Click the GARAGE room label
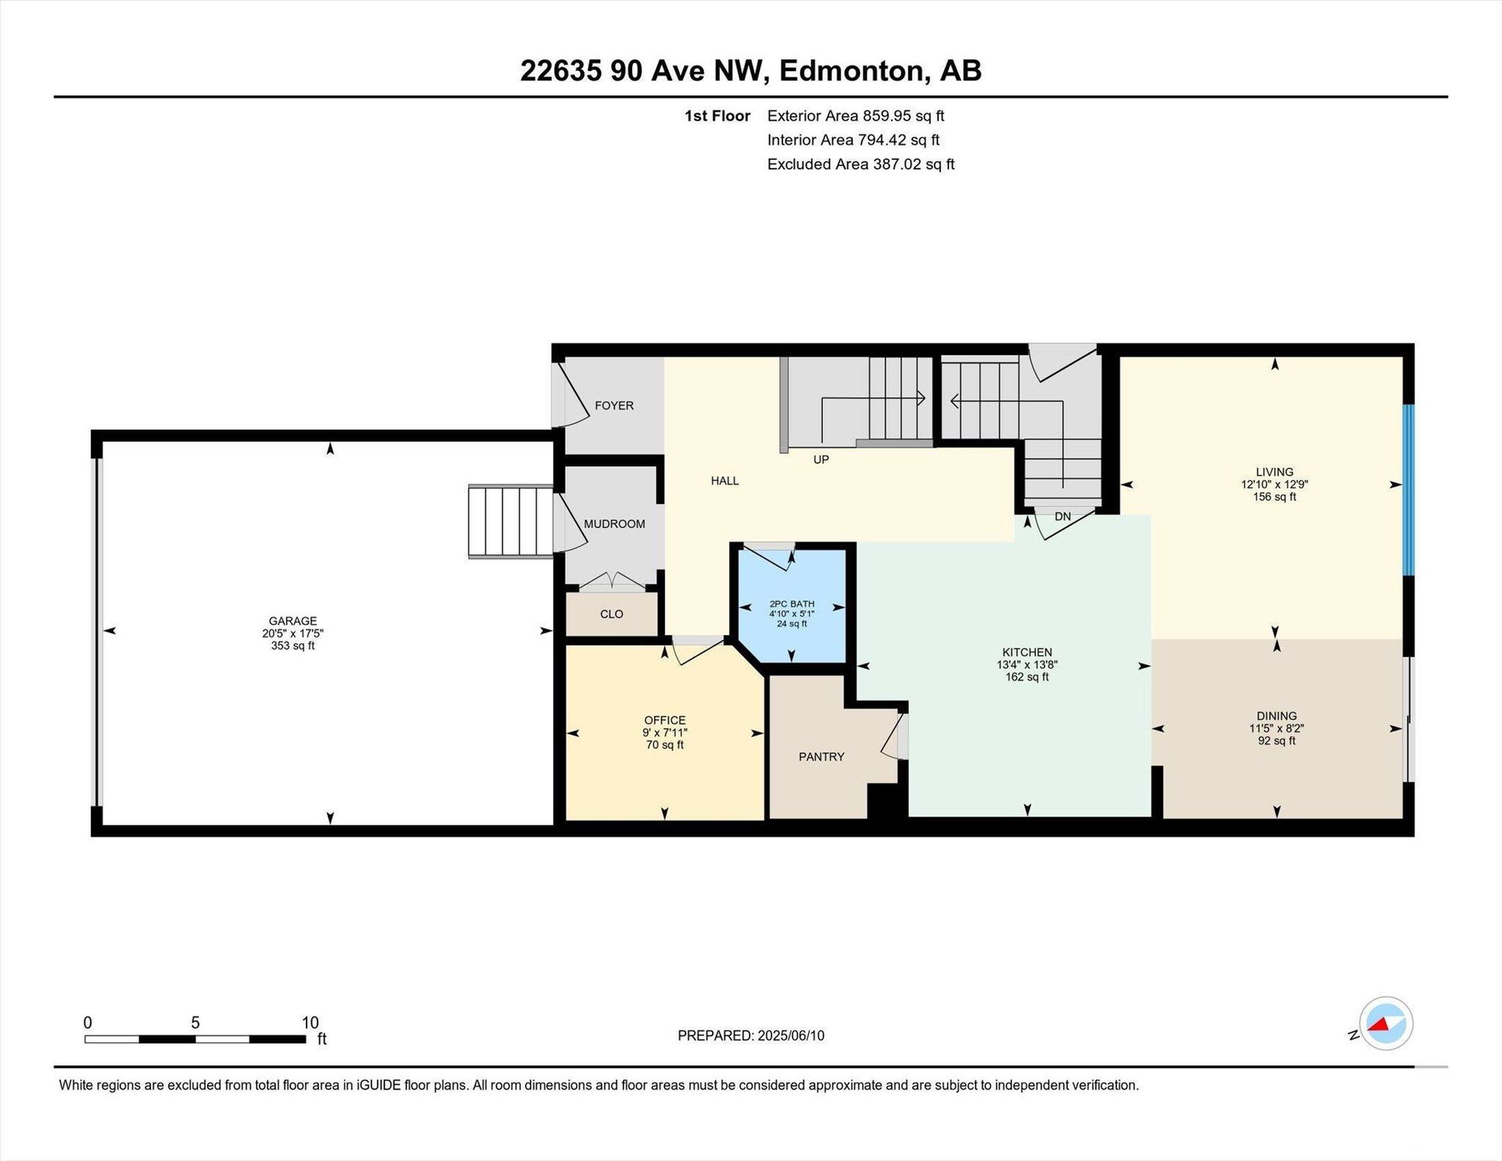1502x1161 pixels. click(293, 621)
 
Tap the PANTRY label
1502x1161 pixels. click(821, 757)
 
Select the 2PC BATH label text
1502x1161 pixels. click(792, 604)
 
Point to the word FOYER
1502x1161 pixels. click(614, 405)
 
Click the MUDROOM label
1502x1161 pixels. click(614, 524)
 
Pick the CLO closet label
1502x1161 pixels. click(612, 614)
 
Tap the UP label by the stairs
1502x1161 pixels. click(821, 459)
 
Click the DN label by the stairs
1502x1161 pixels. click(1062, 516)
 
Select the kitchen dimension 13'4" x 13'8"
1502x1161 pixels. click(1027, 665)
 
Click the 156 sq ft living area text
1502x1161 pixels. click(1274, 497)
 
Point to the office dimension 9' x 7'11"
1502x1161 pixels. click(665, 732)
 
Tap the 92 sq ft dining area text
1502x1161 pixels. click(1277, 740)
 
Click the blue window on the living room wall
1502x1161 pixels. click(1408, 491)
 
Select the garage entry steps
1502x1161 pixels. click(511, 521)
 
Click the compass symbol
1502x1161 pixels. click(1385, 1023)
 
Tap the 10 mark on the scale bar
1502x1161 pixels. click(310, 1023)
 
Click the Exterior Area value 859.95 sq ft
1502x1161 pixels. click(904, 116)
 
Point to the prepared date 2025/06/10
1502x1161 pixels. click(790, 1036)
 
